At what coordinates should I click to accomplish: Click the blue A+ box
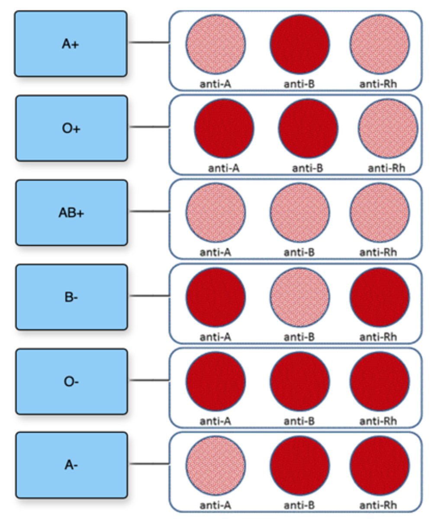[71, 44]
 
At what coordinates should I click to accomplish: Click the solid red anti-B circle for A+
[300, 44]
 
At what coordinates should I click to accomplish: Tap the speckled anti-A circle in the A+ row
[216, 44]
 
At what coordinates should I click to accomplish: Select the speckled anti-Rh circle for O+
[388, 128]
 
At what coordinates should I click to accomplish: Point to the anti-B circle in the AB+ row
[300, 212]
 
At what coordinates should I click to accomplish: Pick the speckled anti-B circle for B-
[300, 297]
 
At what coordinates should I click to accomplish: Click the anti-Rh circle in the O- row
[380, 381]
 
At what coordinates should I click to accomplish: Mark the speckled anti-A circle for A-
[216, 465]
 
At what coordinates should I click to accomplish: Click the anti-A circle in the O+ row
[224, 128]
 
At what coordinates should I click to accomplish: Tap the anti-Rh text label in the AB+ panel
[378, 252]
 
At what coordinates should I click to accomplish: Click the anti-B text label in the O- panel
[299, 421]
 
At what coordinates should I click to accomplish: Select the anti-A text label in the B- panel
[215, 336]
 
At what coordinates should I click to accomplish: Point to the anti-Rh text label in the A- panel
[378, 505]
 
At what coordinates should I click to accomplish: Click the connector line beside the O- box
[149, 381]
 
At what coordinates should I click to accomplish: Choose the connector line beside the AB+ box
[149, 211]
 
